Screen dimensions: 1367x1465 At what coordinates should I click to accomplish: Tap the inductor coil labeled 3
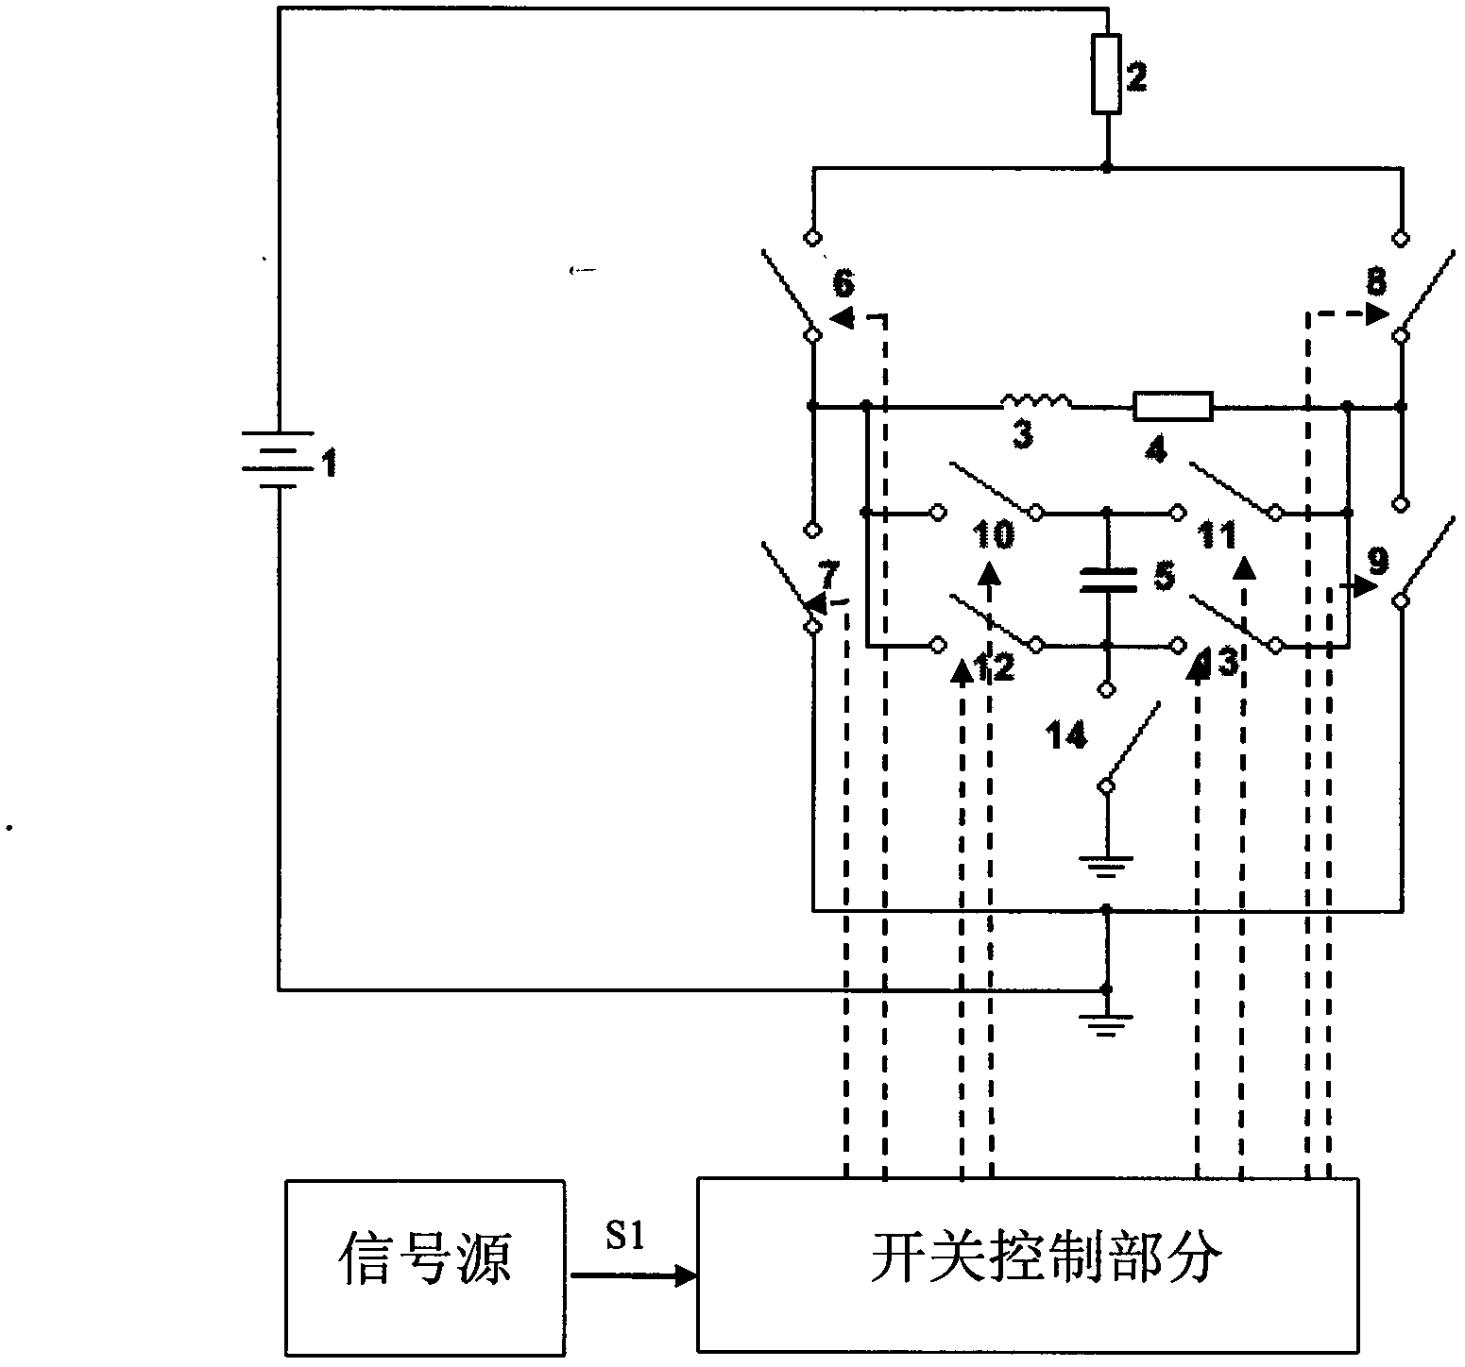(x=1035, y=403)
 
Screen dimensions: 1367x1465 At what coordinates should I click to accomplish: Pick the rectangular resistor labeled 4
(x=1172, y=407)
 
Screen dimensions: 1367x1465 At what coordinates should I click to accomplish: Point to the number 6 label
(x=845, y=281)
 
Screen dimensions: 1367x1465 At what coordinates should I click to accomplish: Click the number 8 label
(x=1377, y=281)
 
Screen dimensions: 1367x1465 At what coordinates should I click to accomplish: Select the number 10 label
(x=994, y=535)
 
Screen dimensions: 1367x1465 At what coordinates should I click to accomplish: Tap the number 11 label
(x=1218, y=536)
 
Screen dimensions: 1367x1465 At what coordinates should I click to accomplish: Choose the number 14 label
(x=1066, y=734)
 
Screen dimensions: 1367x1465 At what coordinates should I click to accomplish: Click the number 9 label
(x=1379, y=562)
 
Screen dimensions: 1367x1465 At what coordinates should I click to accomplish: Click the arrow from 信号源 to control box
(x=633, y=1277)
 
